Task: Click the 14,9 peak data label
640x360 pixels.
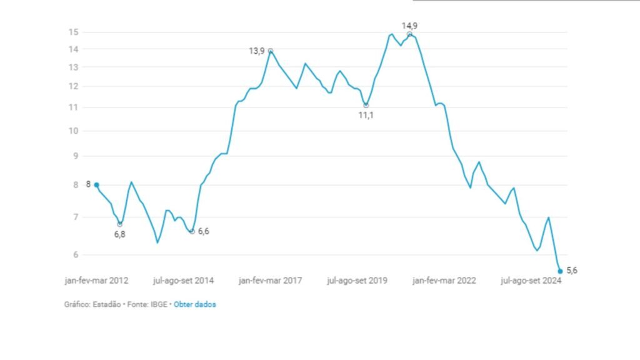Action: click(x=409, y=26)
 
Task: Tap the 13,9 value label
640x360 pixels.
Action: click(x=257, y=51)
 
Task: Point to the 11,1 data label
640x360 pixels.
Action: click(x=366, y=116)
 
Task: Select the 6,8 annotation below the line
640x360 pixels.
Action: click(x=119, y=234)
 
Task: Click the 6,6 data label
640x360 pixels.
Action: click(x=203, y=231)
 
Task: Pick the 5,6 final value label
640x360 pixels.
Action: click(x=571, y=270)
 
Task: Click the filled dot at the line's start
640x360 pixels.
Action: click(x=96, y=185)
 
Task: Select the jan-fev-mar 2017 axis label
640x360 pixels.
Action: click(x=270, y=281)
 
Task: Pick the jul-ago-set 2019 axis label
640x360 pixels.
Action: click(x=357, y=281)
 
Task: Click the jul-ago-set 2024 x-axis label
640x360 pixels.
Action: click(x=531, y=281)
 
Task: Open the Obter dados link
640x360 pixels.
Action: click(x=194, y=304)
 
